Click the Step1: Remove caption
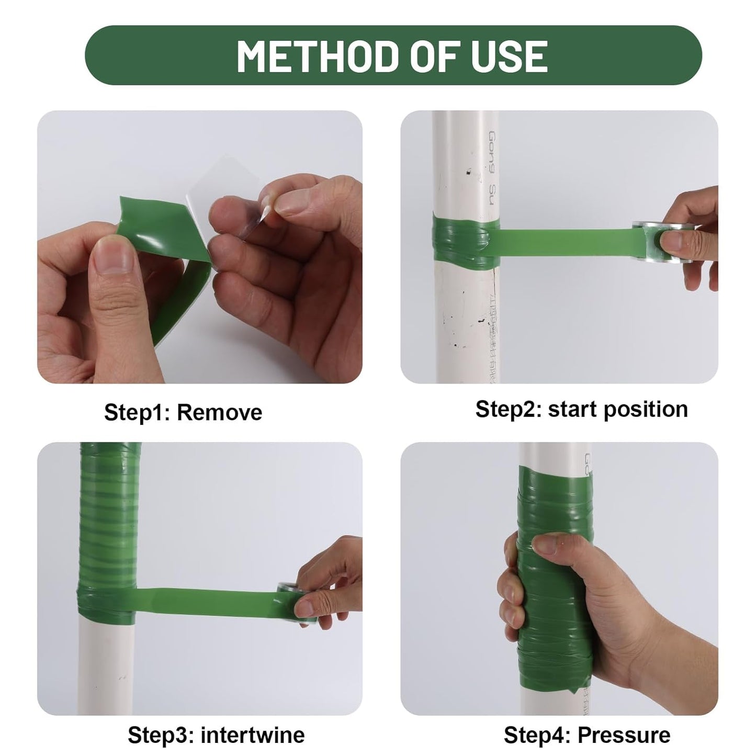tap(183, 412)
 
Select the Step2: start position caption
tap(581, 409)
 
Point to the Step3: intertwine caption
tap(216, 735)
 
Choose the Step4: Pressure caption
tap(586, 735)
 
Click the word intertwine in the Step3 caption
tap(252, 735)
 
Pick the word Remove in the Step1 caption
tap(219, 412)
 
